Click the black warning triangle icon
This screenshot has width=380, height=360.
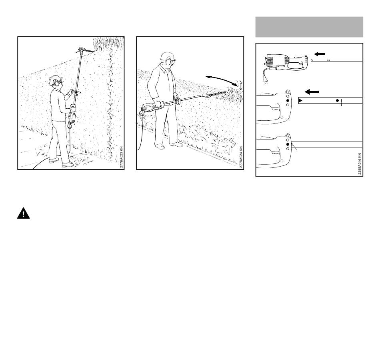coord(24,213)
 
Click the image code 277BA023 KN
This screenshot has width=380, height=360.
coord(122,157)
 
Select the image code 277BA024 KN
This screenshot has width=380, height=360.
coord(241,157)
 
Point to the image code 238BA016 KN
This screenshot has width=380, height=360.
coord(360,164)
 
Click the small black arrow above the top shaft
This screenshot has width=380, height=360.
coord(320,54)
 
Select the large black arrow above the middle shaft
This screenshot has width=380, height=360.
coord(312,92)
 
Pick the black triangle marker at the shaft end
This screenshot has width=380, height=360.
coord(300,100)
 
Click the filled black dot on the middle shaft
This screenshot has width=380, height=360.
coord(337,100)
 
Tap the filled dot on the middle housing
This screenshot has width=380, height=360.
coord(288,100)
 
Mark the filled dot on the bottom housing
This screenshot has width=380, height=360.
coord(288,144)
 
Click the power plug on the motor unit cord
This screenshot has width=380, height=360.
coord(266,81)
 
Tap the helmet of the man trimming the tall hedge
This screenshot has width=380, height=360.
coord(55,80)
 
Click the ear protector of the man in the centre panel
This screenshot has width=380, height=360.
coord(168,62)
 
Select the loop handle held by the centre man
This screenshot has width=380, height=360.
coord(178,100)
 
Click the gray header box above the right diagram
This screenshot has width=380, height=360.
coord(309,27)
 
